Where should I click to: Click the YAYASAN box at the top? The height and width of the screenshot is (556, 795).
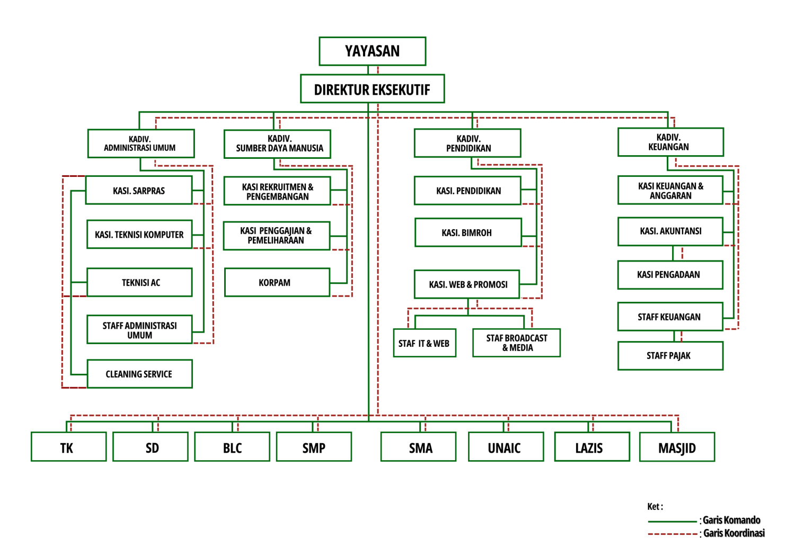tap(372, 51)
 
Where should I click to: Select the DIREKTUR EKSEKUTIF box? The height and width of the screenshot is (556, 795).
tap(372, 88)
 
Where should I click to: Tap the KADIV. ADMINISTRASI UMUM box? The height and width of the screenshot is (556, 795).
tap(141, 144)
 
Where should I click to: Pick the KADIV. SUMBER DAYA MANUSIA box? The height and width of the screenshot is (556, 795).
tap(277, 144)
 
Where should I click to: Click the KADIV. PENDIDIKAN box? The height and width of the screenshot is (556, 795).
tap(467, 143)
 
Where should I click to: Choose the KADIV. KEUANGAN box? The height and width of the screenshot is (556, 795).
tap(670, 142)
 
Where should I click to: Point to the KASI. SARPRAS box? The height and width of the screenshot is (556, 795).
tap(139, 190)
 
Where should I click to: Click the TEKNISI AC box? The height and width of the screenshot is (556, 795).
tap(139, 282)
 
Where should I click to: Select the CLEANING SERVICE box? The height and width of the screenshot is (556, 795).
tap(140, 374)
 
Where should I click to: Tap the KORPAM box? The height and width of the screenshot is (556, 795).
tap(277, 282)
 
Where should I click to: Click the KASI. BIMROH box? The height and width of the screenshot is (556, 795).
tap(468, 232)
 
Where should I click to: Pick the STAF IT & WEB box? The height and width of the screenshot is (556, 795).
tap(425, 343)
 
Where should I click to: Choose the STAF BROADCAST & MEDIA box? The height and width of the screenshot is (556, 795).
tap(516, 343)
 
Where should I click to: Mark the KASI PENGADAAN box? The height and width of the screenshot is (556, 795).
tap(670, 275)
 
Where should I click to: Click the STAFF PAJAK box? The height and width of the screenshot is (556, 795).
tap(670, 356)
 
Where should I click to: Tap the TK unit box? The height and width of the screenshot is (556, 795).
tap(68, 446)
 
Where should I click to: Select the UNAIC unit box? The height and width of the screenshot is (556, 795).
tap(506, 446)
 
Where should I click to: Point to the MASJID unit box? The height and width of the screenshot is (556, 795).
tap(677, 447)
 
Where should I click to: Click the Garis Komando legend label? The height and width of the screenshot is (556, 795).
tap(731, 520)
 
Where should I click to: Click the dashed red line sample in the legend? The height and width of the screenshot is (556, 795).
tap(673, 534)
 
